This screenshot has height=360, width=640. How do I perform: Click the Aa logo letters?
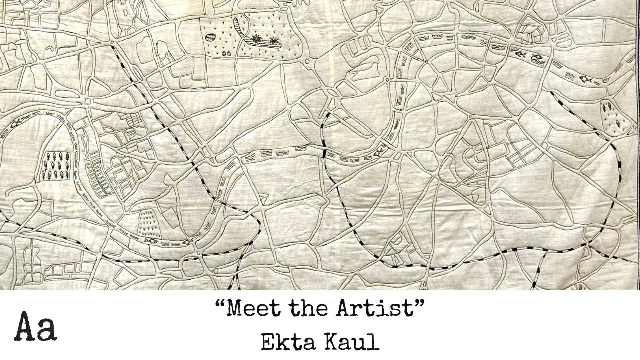coord(35,328)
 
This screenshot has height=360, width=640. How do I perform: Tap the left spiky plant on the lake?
coord(258,38)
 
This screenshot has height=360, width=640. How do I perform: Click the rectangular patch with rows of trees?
coord(58,165)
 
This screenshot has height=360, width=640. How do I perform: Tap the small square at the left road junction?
coord(88,101)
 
